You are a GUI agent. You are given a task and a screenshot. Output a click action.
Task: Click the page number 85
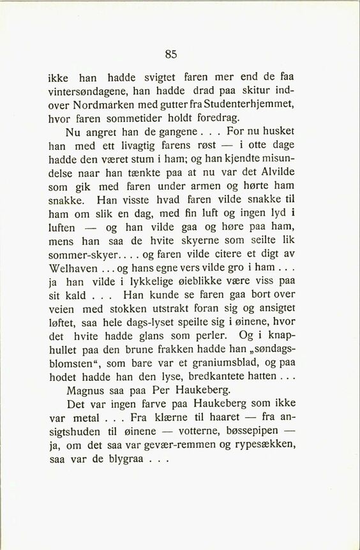click(170, 54)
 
